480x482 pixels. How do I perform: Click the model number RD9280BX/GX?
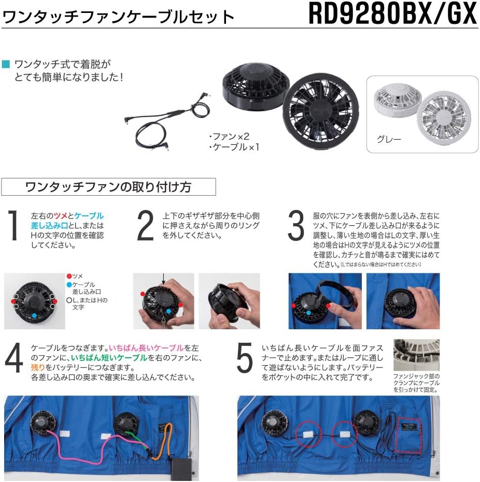tap(392, 14)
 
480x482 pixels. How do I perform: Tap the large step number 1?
tap(13, 226)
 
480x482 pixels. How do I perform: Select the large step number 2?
tap(146, 226)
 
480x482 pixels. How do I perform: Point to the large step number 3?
tap(295, 226)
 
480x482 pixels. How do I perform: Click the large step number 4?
tap(14, 358)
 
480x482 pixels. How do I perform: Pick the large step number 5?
tap(244, 358)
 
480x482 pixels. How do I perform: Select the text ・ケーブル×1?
tap(233, 147)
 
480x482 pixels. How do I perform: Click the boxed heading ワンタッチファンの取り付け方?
tap(108, 187)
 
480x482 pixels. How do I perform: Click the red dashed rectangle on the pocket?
tap(408, 432)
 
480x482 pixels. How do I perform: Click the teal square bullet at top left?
tap(6, 64)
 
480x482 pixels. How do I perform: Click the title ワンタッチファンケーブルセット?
tap(119, 17)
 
